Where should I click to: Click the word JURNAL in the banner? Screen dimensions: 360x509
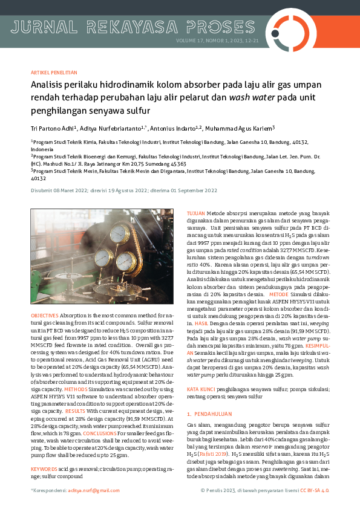click(43, 27)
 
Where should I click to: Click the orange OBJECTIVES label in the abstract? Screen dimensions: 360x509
click(44, 316)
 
